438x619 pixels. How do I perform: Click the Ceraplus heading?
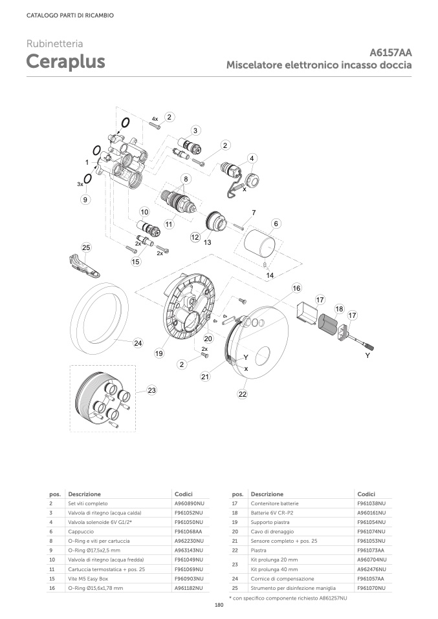pos(65,63)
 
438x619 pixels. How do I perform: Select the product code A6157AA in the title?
pos(391,53)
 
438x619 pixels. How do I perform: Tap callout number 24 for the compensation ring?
pos(138,343)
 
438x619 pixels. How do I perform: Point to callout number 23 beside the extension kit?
pos(151,390)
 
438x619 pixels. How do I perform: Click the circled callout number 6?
pos(276,224)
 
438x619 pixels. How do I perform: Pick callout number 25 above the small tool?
pos(86,247)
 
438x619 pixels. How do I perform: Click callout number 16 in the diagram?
pos(296,288)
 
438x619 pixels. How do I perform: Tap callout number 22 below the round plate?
pos(243,393)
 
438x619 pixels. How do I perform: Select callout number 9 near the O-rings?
pos(85,200)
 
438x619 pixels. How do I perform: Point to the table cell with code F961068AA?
pos(188,530)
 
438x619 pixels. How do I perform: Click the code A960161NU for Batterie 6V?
pos(371,512)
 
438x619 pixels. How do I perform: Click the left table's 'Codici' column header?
pos(184,493)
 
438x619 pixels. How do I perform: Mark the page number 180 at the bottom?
pos(219,605)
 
